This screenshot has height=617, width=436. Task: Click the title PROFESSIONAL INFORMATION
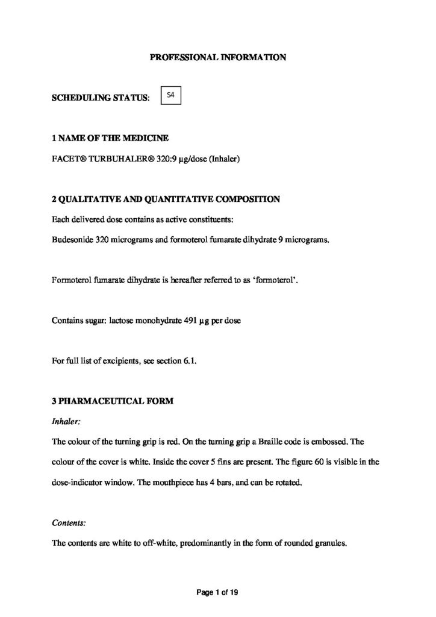point(217,58)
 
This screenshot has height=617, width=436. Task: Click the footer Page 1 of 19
point(218,593)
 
